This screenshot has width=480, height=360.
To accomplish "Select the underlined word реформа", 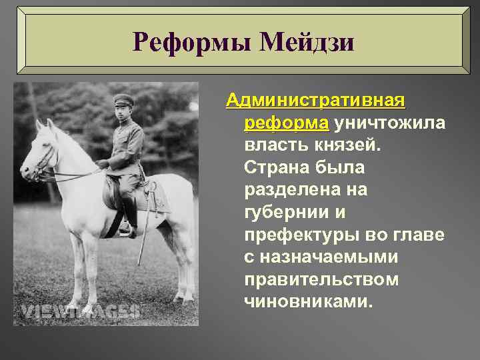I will click(x=287, y=123).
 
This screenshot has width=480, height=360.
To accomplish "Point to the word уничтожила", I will click(x=390, y=123).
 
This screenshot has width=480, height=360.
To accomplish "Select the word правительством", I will click(x=321, y=279).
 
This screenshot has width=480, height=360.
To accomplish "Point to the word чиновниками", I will click(x=307, y=302).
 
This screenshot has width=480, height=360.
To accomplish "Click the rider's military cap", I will click(x=124, y=101).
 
